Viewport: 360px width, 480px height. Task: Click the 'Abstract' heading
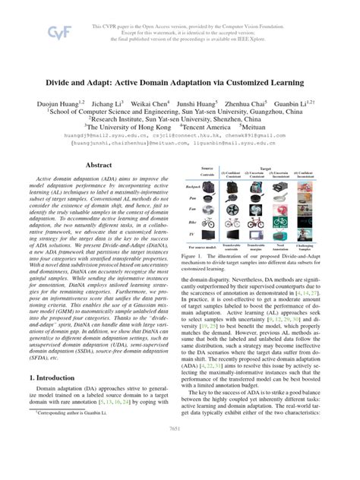point(98,164)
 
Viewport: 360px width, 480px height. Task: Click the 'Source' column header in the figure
point(207,168)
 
